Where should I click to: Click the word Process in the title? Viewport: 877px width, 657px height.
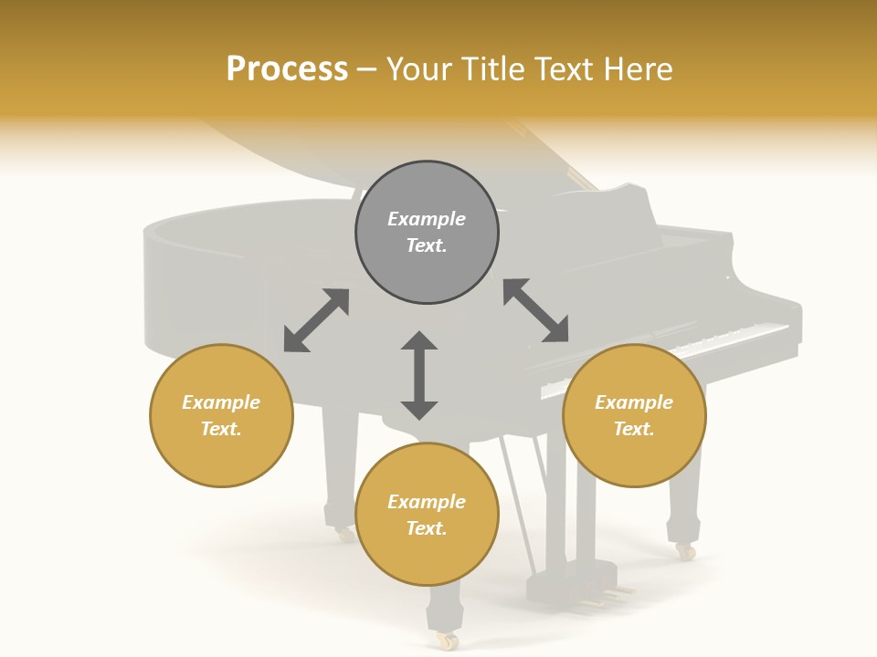[287, 68]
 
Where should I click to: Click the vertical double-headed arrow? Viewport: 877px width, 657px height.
[419, 375]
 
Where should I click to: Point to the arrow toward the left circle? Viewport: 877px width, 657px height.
[316, 320]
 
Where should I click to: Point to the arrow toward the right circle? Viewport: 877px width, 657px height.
[536, 310]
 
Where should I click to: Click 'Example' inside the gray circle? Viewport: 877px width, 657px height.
[427, 219]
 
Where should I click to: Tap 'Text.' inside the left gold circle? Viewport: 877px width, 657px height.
[221, 429]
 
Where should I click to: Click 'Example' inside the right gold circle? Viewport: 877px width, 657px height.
[634, 402]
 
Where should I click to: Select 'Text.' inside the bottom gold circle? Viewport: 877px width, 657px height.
[427, 528]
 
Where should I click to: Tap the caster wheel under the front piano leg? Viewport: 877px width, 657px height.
[447, 641]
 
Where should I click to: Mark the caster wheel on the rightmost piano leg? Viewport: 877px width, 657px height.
[685, 551]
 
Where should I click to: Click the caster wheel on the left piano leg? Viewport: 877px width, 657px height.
[344, 535]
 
